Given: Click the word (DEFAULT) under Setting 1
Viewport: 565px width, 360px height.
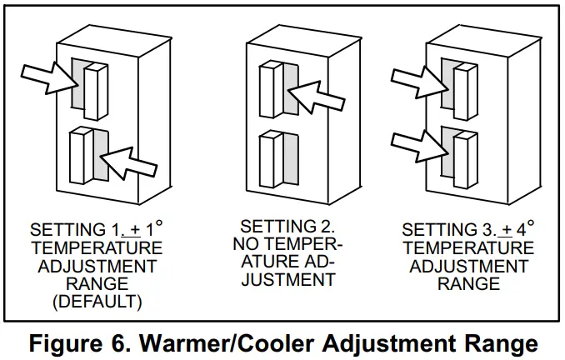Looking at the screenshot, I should click(x=97, y=302).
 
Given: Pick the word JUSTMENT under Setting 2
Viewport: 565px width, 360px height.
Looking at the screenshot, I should click(x=287, y=281).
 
